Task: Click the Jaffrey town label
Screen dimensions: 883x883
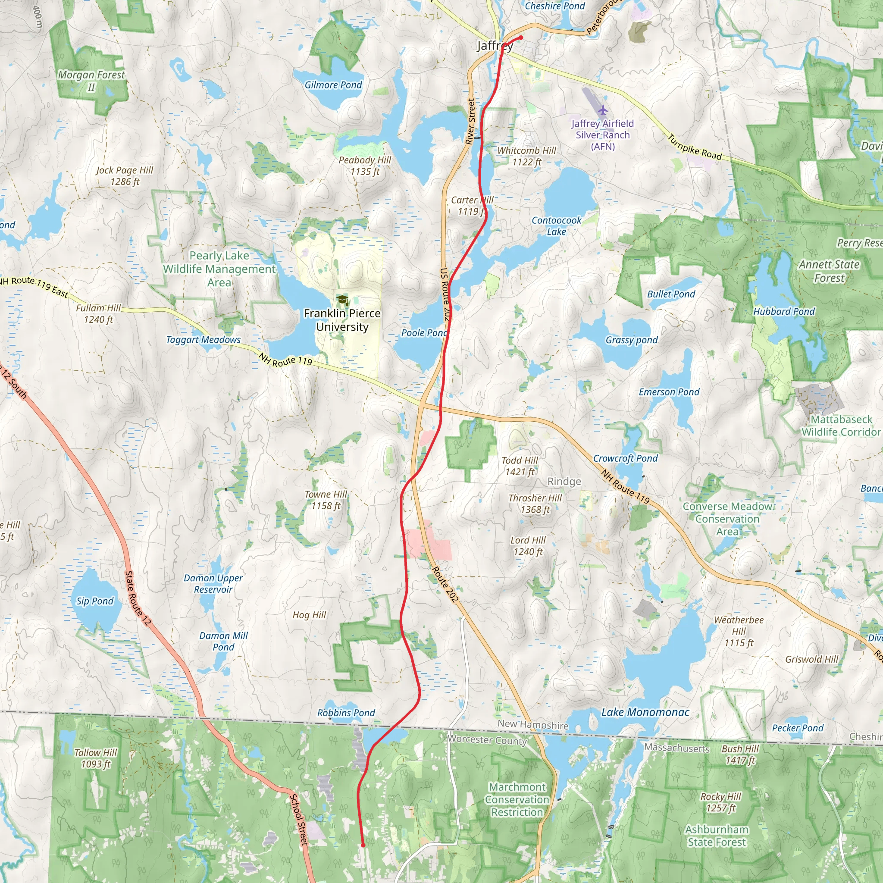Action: pos(495,46)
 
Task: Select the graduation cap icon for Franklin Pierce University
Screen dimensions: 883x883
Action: pos(342,300)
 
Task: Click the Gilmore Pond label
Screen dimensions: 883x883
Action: pos(333,85)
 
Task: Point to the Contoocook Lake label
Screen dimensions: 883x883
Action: pos(556,226)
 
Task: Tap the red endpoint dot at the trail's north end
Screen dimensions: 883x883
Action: pos(521,38)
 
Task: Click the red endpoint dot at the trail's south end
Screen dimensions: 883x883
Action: pos(363,845)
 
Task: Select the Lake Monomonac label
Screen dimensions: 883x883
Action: pos(645,712)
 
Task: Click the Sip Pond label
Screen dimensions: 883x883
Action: pos(94,601)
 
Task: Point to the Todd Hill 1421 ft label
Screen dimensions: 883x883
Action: pos(520,466)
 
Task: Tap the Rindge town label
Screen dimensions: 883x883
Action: pos(564,481)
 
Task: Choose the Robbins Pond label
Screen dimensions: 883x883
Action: pos(346,713)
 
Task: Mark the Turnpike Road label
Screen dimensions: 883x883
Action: pos(694,147)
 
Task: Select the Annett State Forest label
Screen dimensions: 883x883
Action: pos(829,271)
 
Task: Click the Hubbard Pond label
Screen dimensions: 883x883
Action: pos(784,311)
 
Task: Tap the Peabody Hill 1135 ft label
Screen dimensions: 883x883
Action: pos(365,166)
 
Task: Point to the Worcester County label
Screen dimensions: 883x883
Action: pos(487,739)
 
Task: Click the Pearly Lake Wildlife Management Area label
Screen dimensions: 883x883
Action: pos(219,269)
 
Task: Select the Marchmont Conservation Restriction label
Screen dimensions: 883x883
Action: pos(517,799)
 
